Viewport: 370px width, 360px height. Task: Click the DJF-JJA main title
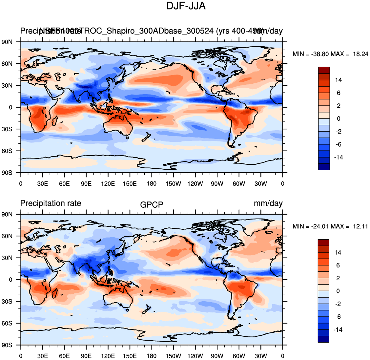click(186, 6)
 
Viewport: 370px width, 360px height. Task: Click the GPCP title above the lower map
click(152, 205)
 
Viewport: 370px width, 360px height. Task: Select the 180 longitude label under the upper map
click(152, 184)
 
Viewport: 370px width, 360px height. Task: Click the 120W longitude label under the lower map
click(195, 356)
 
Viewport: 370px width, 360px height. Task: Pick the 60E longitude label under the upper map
click(64, 184)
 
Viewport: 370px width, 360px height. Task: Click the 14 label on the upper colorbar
click(338, 80)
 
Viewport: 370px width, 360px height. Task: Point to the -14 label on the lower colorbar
click(338, 330)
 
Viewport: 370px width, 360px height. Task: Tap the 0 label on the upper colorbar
click(339, 119)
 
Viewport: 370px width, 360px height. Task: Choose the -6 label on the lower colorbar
click(338, 317)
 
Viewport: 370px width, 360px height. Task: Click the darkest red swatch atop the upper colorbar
click(324, 70)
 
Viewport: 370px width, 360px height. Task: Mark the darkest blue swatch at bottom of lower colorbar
click(323, 339)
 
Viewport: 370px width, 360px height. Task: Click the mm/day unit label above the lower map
click(268, 203)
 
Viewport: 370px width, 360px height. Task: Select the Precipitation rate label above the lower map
click(51, 203)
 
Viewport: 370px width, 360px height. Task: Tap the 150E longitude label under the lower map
click(130, 356)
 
